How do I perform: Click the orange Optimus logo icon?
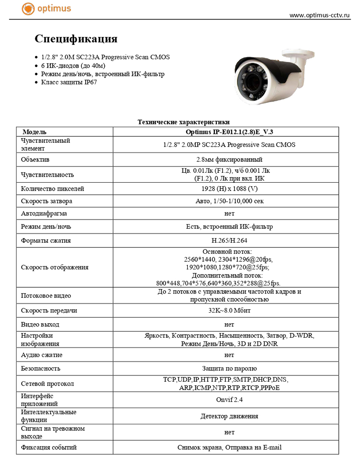(x=28, y=8)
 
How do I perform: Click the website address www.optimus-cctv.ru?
(x=320, y=15)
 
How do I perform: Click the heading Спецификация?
(x=76, y=39)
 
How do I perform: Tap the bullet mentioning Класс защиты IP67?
(x=69, y=82)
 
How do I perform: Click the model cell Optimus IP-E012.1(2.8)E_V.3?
(x=226, y=132)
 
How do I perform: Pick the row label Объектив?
(x=35, y=160)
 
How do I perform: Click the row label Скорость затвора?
(x=47, y=201)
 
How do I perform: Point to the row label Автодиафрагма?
(x=44, y=214)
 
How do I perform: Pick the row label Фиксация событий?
(x=49, y=447)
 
